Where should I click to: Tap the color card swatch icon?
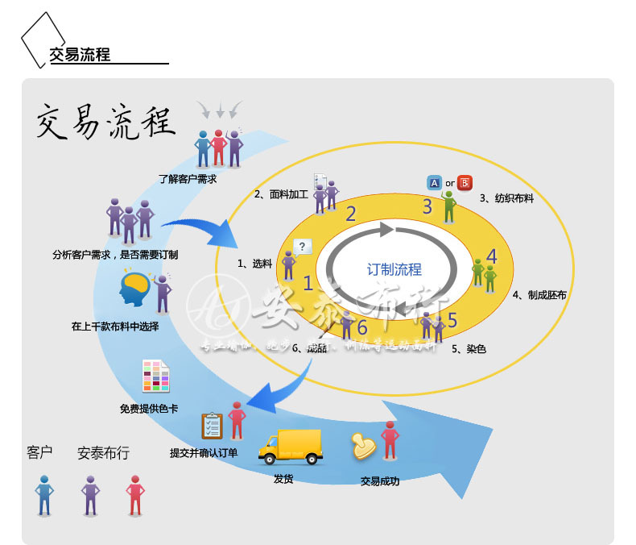pyautogui.click(x=156, y=377)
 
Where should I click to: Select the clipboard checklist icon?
pyautogui.click(x=212, y=425)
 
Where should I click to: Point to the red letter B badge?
pyautogui.click(x=465, y=183)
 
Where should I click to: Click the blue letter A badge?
pyautogui.click(x=434, y=183)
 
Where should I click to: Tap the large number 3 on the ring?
pyautogui.click(x=427, y=206)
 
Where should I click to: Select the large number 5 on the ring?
pyautogui.click(x=452, y=320)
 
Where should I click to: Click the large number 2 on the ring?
pyautogui.click(x=350, y=214)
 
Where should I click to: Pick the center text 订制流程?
pyautogui.click(x=394, y=270)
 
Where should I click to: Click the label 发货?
pyautogui.click(x=283, y=478)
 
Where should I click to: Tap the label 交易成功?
pyautogui.click(x=380, y=481)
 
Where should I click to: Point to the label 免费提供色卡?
pyautogui.click(x=149, y=409)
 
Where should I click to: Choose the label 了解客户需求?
pyautogui.click(x=188, y=179)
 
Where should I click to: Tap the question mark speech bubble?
pyautogui.click(x=303, y=247)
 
